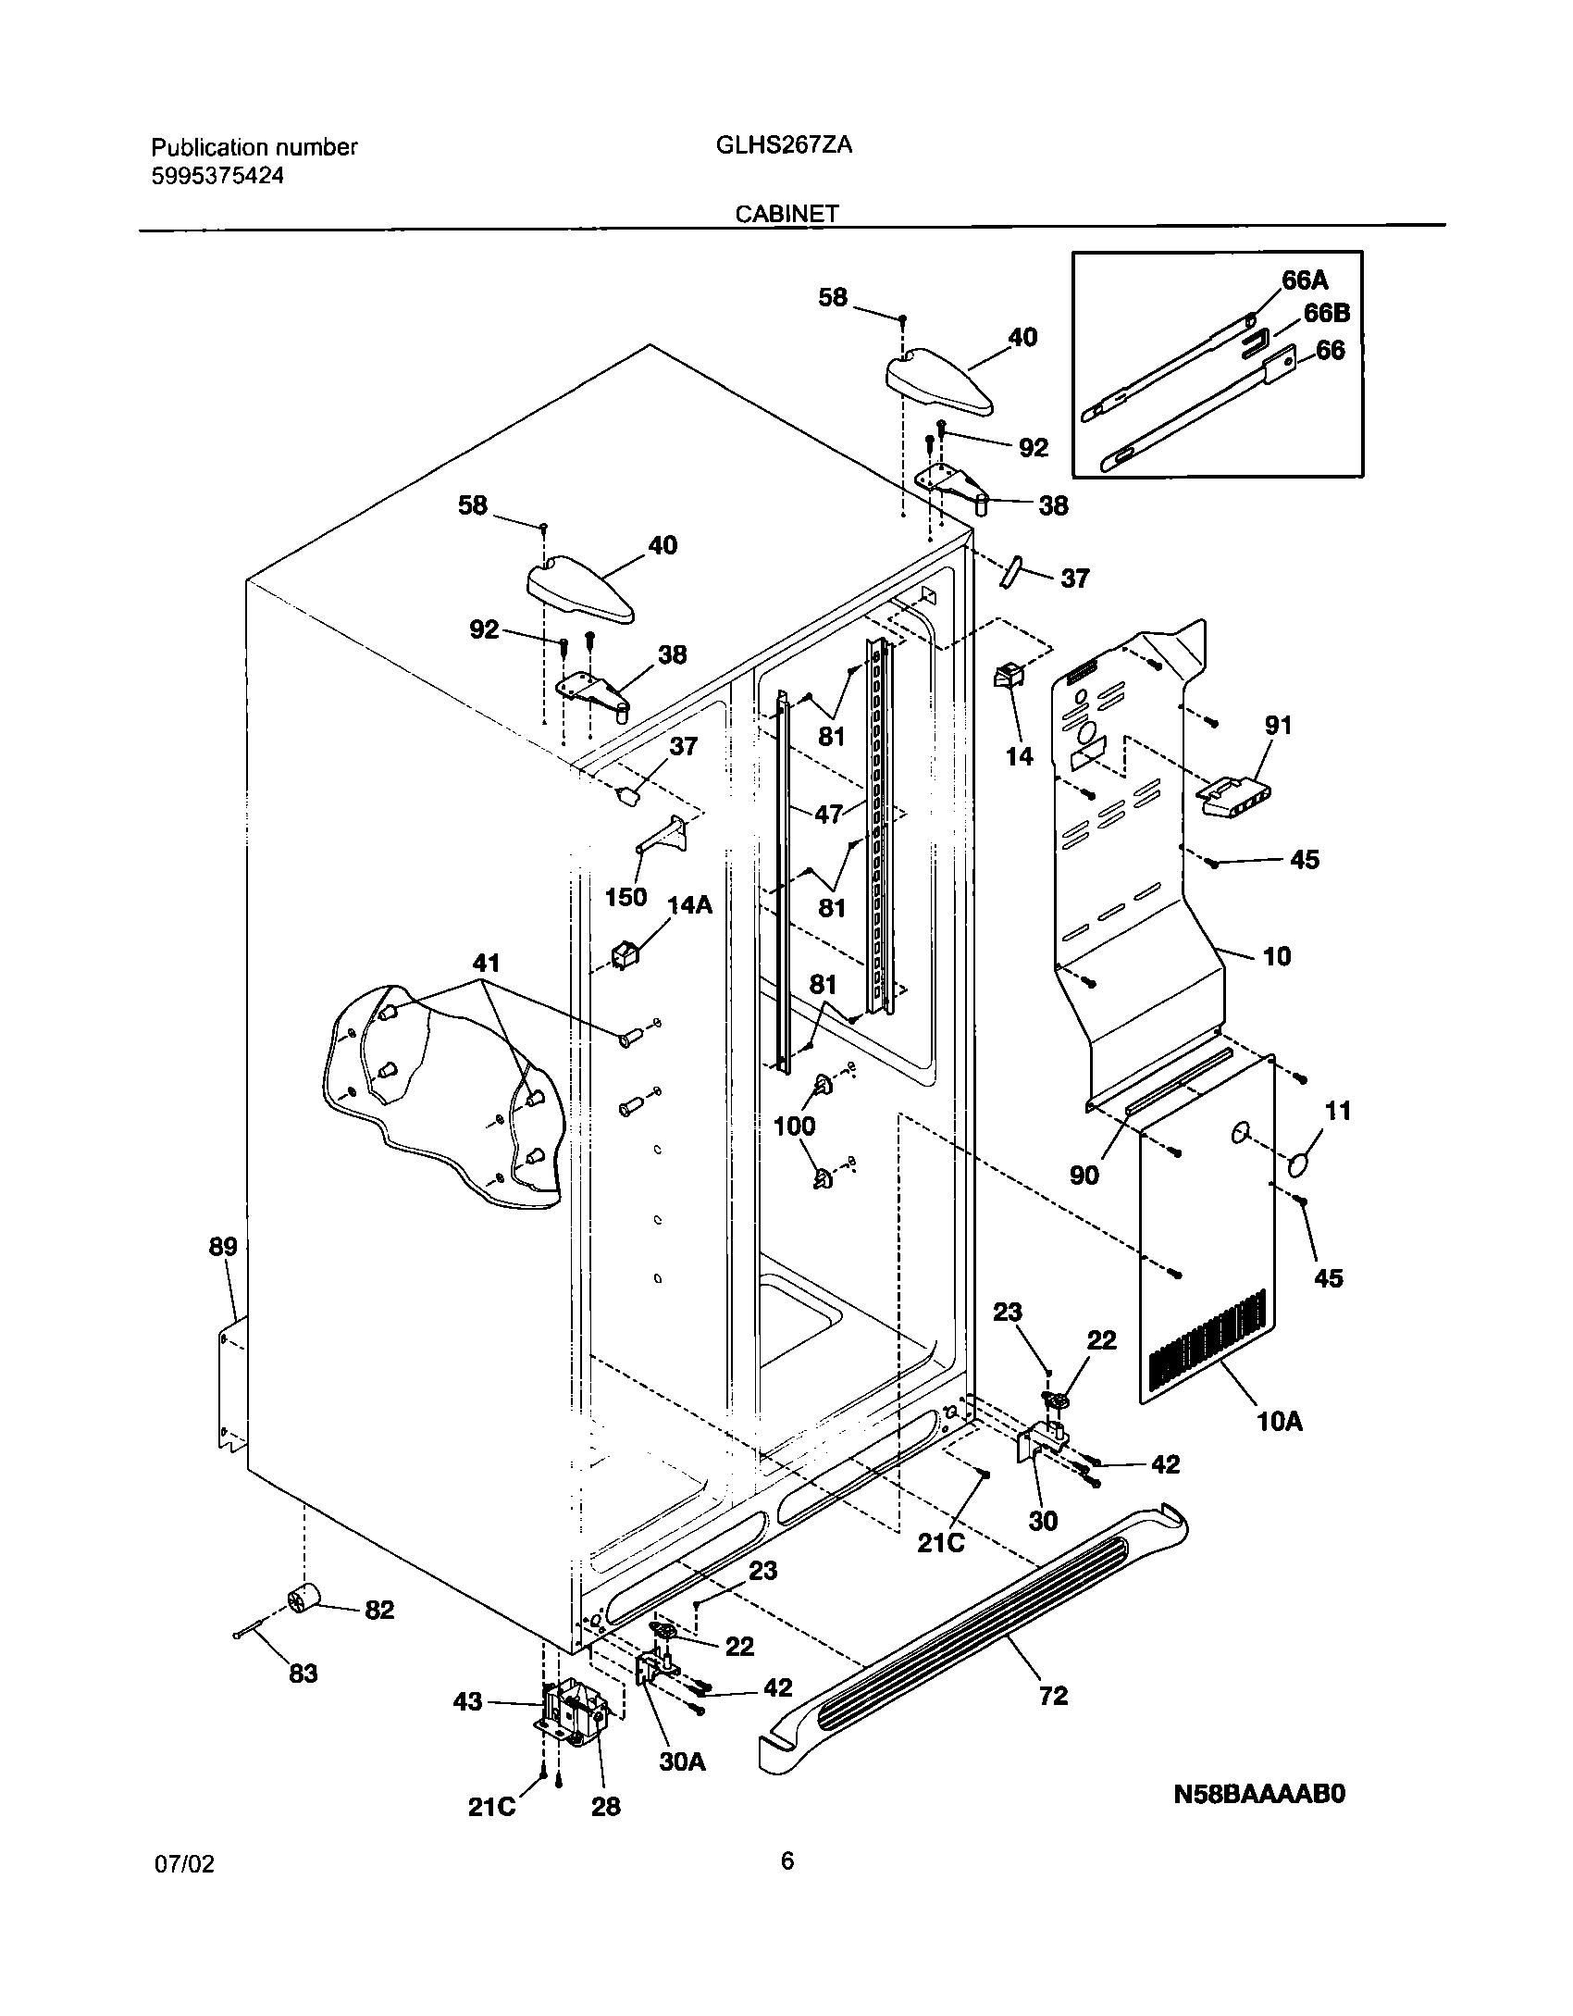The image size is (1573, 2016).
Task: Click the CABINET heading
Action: pyautogui.click(x=786, y=214)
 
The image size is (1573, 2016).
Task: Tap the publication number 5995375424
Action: pyautogui.click(x=217, y=176)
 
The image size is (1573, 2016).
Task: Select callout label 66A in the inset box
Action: pyautogui.click(x=1305, y=280)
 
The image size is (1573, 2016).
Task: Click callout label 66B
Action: pyautogui.click(x=1326, y=314)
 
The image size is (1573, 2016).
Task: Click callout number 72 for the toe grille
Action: pyautogui.click(x=1053, y=1695)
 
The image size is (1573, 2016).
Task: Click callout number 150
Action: pyautogui.click(x=625, y=897)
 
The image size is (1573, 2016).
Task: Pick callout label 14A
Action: pyautogui.click(x=689, y=904)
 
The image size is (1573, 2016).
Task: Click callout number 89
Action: pyautogui.click(x=222, y=1246)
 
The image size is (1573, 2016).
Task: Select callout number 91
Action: pyautogui.click(x=1278, y=725)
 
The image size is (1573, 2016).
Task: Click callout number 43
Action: pyautogui.click(x=468, y=1701)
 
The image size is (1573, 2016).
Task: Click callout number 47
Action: pyautogui.click(x=829, y=814)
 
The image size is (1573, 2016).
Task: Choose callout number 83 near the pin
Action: pyautogui.click(x=303, y=1674)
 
